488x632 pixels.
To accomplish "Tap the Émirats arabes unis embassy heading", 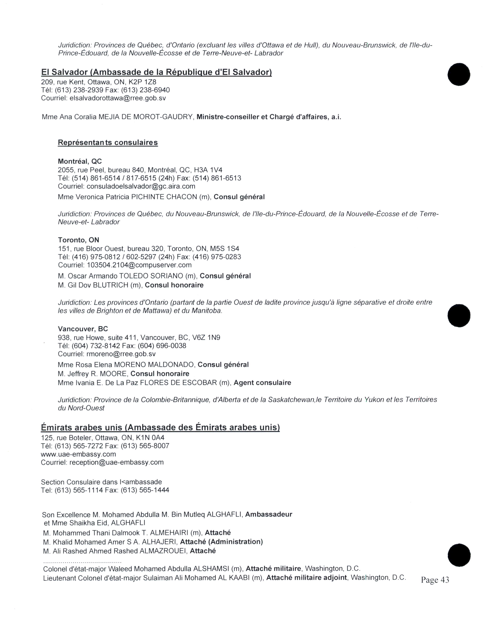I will pyautogui.click(x=160, y=427).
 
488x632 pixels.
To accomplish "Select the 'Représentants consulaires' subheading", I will pyautogui.click(x=108, y=143).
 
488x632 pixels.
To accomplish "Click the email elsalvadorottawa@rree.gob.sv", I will pyautogui.click(x=118, y=98).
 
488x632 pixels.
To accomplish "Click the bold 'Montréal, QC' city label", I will pyautogui.click(x=80, y=161).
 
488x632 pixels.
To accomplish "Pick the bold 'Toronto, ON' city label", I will pyautogui.click(x=78, y=240).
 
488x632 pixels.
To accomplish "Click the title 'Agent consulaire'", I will pyautogui.click(x=262, y=383).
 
